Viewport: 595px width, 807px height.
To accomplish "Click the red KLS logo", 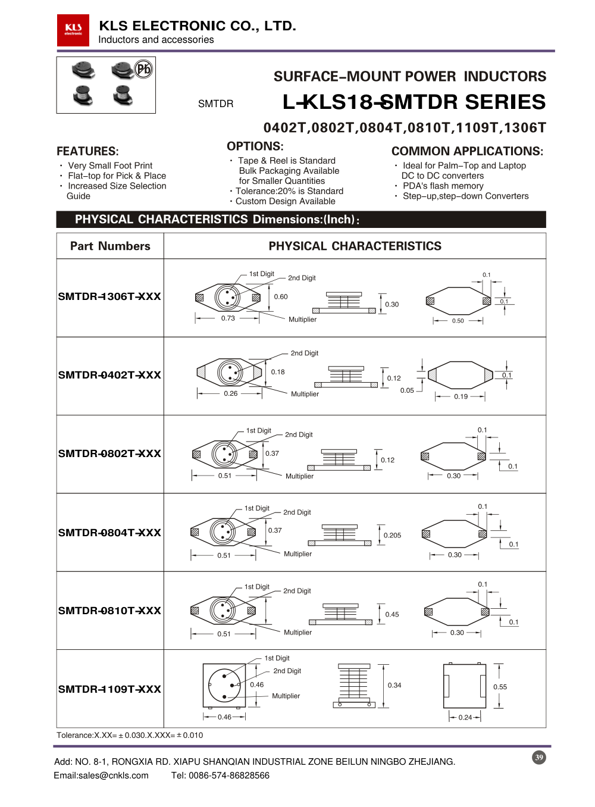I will [73, 30].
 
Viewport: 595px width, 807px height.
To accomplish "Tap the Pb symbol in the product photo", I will [143, 69].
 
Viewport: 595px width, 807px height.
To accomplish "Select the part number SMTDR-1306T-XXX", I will [109, 296].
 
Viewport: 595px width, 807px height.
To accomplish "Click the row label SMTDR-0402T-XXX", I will [109, 375].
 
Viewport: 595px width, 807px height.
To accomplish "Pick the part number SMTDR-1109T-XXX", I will [109, 689].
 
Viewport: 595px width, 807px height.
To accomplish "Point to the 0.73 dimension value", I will [228, 318].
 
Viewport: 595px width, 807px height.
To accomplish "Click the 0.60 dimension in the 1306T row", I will [281, 296].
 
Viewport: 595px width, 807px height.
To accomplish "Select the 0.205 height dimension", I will [392, 535].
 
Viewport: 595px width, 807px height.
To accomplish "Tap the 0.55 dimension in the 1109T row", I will [500, 687].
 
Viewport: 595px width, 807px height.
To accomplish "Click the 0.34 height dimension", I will [394, 685].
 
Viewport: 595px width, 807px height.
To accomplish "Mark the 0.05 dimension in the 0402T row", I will [407, 390].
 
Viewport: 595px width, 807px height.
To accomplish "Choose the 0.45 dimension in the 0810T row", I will [392, 614].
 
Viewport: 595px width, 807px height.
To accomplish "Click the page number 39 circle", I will [539, 758].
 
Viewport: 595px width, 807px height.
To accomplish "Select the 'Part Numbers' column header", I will [110, 246].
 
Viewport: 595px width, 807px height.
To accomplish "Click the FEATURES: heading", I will [87, 151].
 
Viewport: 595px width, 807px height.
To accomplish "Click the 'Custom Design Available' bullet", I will [285, 201].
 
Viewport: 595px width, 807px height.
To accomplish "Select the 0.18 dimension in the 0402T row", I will [278, 372].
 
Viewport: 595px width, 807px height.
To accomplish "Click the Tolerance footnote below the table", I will [130, 735].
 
